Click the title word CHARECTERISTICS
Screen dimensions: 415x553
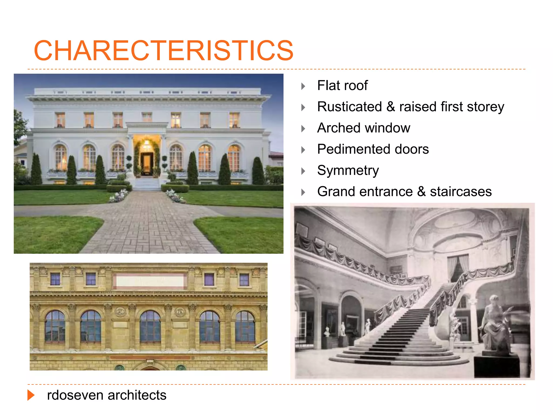164,51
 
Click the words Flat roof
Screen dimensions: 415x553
342,85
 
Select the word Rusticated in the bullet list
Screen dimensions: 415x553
349,107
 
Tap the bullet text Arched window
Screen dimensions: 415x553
363,128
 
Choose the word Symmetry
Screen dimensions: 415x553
348,170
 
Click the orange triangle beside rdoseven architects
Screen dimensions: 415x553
31,395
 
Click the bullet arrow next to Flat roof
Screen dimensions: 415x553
303,86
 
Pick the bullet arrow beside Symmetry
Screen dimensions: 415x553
303,171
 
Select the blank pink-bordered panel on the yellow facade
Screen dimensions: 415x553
150,281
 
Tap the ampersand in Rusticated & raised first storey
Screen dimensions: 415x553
390,107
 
